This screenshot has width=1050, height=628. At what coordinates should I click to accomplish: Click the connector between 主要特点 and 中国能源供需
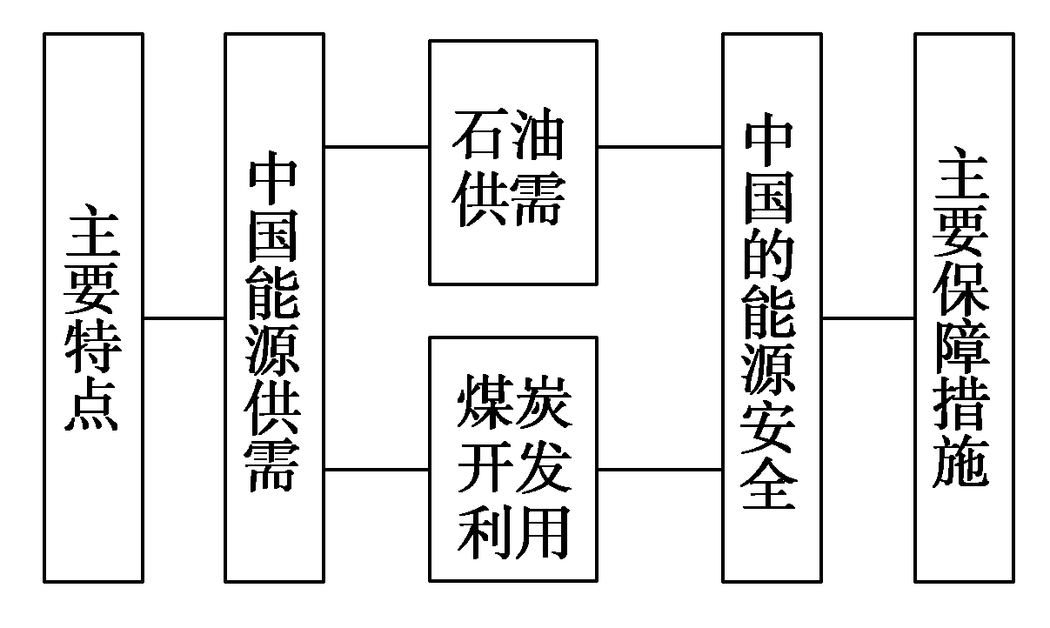[184, 318]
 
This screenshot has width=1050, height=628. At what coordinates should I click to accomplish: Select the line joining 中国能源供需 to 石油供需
[376, 146]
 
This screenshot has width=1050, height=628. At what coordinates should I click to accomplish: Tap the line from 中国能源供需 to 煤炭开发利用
[376, 470]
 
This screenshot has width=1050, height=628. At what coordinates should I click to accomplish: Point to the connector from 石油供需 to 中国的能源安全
[659, 146]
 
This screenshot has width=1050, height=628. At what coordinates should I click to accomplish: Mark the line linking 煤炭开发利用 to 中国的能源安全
[659, 470]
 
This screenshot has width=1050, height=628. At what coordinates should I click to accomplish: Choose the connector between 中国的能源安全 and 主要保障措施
[867, 318]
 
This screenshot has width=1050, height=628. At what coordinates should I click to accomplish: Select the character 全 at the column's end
[771, 484]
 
